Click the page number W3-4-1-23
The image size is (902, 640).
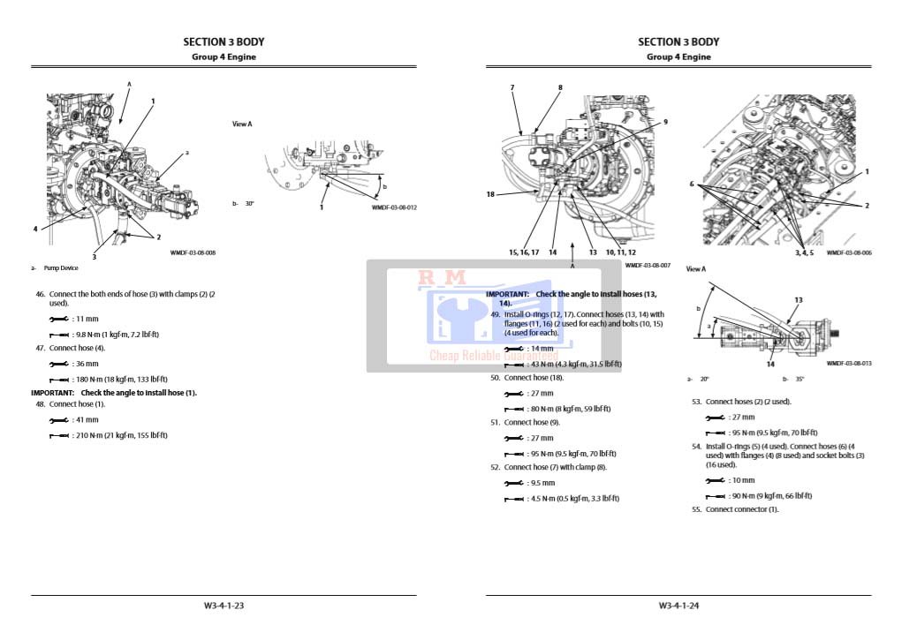[x=224, y=606]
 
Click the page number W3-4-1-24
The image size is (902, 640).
[x=678, y=606]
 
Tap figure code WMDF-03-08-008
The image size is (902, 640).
[x=193, y=252]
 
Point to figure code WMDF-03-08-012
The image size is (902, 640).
[x=394, y=207]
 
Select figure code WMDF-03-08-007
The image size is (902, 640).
[x=648, y=265]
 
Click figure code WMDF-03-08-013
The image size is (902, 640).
[x=849, y=363]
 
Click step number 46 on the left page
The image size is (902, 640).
[x=41, y=294]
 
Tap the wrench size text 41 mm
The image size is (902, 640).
[x=87, y=420]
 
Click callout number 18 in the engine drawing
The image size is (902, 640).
[x=490, y=194]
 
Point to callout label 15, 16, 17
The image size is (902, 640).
[x=524, y=252]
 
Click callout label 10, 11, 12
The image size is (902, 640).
[x=620, y=252]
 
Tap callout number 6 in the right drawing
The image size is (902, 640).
[x=693, y=184]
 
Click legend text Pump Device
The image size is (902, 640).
[x=61, y=267]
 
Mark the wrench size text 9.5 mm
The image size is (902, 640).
[x=542, y=483]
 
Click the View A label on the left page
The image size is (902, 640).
[x=242, y=124]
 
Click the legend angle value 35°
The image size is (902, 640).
[x=800, y=379]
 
